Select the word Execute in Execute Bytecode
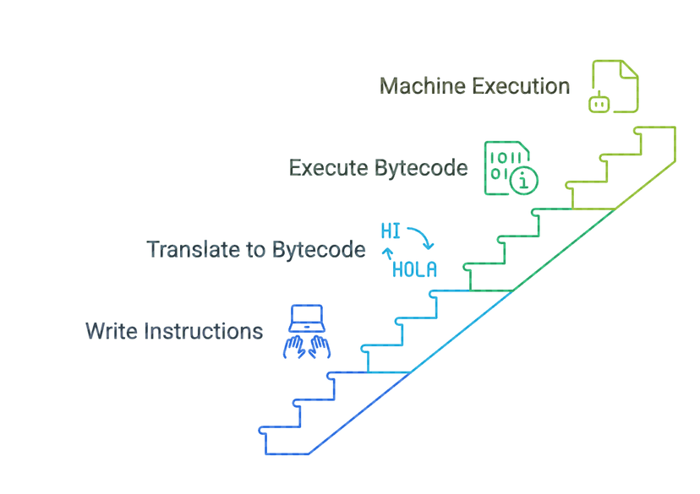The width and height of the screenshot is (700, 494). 329,168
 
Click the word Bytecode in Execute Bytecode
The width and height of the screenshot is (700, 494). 421,169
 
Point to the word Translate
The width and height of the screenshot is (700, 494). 194,249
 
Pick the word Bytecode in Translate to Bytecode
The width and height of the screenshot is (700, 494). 319,250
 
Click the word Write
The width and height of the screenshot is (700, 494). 112,331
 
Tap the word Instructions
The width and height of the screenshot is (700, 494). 204,331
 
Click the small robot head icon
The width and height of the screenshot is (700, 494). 599,103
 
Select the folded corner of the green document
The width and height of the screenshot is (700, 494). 629,69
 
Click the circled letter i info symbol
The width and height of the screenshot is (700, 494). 523,180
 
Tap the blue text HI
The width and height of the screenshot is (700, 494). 391,231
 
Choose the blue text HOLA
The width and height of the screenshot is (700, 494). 414,269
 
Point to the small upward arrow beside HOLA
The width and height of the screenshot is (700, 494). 387,254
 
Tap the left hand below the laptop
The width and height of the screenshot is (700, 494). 294,347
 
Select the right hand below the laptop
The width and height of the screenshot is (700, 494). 320,347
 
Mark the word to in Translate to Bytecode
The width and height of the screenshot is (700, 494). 256,250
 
